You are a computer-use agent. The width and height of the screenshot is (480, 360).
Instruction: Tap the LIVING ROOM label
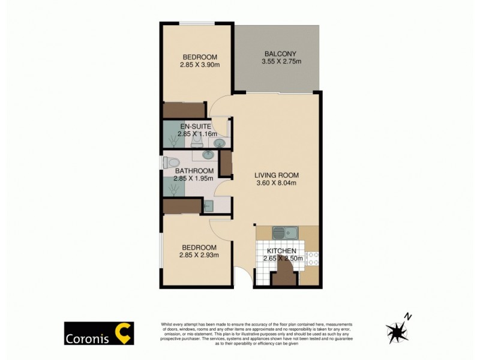coord(276,175)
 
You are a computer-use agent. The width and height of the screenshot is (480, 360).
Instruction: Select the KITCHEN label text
coord(282,251)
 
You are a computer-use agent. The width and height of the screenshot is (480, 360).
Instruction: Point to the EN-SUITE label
coord(195,127)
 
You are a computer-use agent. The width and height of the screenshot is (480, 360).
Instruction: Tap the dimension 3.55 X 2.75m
coord(281,61)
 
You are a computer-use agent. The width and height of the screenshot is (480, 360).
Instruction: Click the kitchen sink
coord(281,232)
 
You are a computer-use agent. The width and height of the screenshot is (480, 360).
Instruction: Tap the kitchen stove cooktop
coord(313,259)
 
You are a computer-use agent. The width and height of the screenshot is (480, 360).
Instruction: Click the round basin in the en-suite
coord(220,143)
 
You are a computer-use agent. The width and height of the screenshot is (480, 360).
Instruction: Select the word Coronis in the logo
coord(89,335)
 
